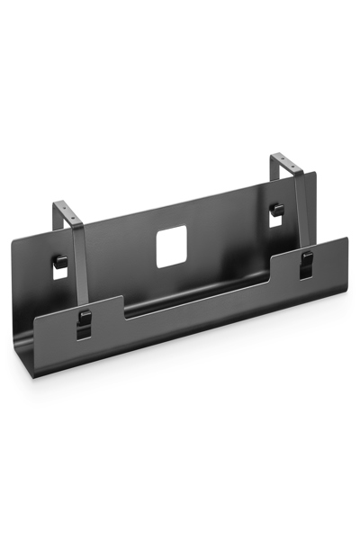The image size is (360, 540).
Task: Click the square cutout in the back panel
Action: click(170, 247)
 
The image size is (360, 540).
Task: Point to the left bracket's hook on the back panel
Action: click(59, 260)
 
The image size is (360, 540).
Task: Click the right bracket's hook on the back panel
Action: click(279, 210)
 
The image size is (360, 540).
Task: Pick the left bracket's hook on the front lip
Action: click(83, 316)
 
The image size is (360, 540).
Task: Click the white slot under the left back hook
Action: click(59, 271)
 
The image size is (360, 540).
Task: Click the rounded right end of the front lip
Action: click(346, 247)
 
